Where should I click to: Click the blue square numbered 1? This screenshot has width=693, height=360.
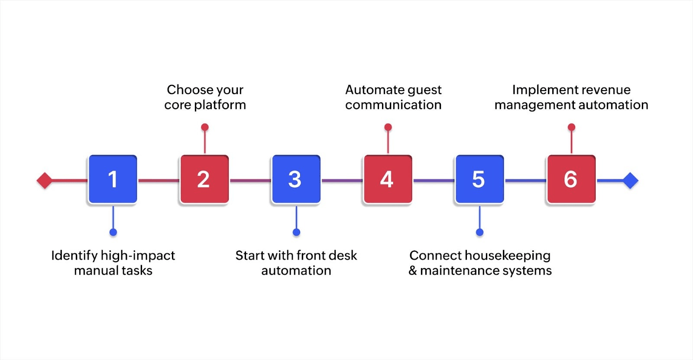click(113, 179)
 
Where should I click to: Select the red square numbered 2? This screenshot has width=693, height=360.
click(204, 179)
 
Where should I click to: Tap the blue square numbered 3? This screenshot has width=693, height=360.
click(296, 179)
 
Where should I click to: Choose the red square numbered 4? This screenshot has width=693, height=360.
click(388, 179)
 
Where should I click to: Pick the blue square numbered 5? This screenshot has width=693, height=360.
click(479, 179)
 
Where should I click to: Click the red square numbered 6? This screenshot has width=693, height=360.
click(571, 179)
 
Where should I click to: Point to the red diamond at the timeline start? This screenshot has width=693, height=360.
click(45, 181)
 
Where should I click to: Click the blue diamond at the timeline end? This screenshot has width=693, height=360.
click(630, 181)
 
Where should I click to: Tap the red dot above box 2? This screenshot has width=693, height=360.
click(205, 127)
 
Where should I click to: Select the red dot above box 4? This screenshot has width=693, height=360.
click(388, 127)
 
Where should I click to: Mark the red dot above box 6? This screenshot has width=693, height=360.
click(571, 127)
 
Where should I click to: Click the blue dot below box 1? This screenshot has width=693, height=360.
click(113, 232)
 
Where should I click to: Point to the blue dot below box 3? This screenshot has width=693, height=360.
click(296, 232)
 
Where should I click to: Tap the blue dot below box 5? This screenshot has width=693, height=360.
click(479, 232)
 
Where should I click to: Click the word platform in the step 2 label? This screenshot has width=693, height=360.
click(220, 105)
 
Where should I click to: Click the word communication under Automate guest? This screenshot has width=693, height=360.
click(393, 105)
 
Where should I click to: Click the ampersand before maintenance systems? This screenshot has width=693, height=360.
click(413, 271)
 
